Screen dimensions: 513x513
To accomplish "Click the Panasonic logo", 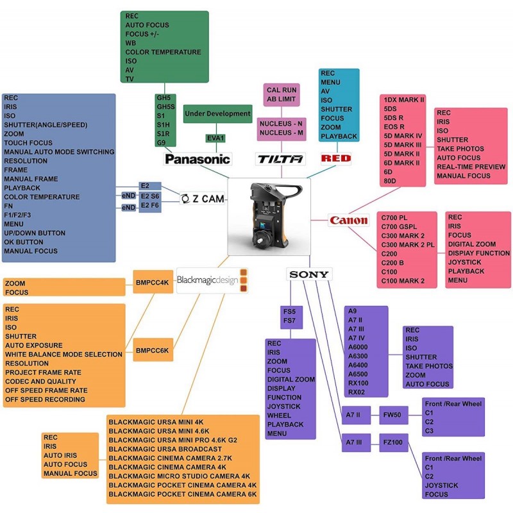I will [x=198, y=159].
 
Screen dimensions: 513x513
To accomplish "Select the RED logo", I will [x=336, y=158].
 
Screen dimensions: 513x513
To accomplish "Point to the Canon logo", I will [x=349, y=221].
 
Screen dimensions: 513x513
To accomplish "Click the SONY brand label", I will [x=308, y=274].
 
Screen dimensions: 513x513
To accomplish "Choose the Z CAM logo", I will [x=202, y=199].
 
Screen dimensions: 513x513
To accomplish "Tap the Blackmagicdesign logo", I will [x=212, y=280].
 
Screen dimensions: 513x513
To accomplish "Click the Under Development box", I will [x=217, y=114].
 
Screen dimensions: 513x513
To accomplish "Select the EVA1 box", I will [x=215, y=139].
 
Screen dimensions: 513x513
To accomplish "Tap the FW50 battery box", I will [x=392, y=416].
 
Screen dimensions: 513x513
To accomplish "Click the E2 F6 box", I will [x=151, y=205].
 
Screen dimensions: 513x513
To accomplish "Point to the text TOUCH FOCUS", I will [x=28, y=143].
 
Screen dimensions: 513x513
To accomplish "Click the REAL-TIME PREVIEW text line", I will [x=473, y=166].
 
